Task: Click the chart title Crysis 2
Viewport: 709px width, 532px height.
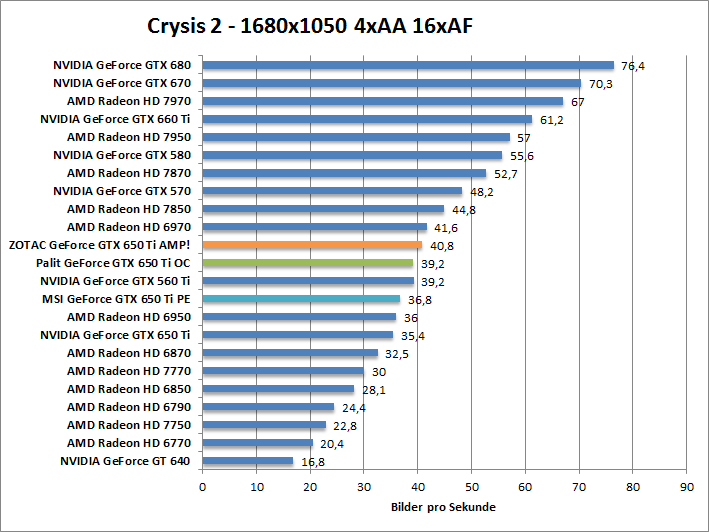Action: [308, 26]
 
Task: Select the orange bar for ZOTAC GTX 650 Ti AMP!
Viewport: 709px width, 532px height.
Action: [312, 245]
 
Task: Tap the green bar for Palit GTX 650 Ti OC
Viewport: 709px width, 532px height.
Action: [308, 263]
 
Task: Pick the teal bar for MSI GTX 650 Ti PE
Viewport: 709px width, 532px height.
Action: [302, 299]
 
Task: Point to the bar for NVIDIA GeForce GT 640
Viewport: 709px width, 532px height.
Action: [248, 461]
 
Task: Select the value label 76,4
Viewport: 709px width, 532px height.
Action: [633, 67]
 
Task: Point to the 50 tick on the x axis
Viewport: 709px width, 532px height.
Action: [471, 487]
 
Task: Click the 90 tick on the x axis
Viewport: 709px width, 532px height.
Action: [686, 487]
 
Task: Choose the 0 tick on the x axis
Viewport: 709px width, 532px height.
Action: [203, 487]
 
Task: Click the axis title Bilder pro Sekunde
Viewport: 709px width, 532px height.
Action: [443, 507]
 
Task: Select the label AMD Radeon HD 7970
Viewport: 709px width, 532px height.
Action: [128, 101]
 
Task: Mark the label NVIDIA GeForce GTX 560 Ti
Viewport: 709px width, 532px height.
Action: [121, 281]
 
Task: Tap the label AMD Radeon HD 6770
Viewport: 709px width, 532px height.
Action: [128, 442]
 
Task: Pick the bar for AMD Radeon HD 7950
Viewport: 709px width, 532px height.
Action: [356, 137]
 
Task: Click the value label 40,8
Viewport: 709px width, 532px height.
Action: [442, 246]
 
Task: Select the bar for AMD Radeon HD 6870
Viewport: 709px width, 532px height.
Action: [290, 353]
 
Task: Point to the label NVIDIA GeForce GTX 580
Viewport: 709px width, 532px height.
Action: [121, 155]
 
